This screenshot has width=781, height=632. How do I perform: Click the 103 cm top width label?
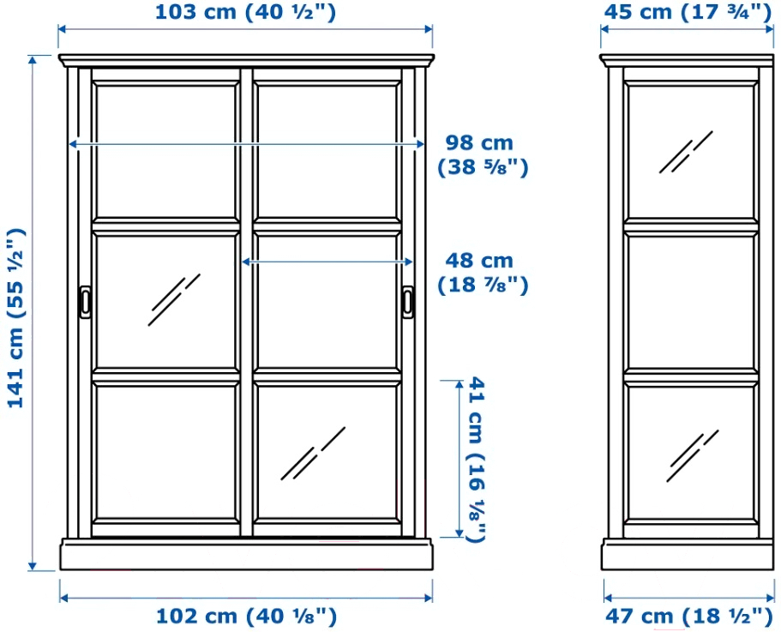tap(245, 13)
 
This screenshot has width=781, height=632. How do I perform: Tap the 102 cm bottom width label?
tap(247, 617)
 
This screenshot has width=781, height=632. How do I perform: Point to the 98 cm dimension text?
tap(482, 155)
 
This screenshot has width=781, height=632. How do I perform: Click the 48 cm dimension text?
tap(482, 273)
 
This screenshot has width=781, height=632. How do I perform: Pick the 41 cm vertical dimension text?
tap(476, 459)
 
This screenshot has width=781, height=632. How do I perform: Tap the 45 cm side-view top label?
tap(688, 13)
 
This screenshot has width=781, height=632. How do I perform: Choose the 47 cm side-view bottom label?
tap(689, 617)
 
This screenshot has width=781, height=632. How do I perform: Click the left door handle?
tap(85, 302)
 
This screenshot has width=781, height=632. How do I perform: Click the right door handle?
tap(408, 301)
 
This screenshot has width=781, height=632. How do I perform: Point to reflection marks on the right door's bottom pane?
tap(313, 454)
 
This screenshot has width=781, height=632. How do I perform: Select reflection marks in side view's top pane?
tap(686, 152)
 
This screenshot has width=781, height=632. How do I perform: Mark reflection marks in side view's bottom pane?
tap(693, 455)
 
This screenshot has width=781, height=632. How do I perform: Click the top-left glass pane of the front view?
tap(165, 152)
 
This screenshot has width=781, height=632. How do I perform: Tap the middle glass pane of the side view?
tap(692, 303)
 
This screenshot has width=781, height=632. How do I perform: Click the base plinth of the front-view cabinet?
tap(246, 554)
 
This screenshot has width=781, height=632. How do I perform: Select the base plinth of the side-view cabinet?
tap(688, 554)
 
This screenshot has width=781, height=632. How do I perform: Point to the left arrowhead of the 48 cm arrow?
tap(245, 262)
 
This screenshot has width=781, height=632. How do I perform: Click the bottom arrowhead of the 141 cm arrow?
tap(33, 566)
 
